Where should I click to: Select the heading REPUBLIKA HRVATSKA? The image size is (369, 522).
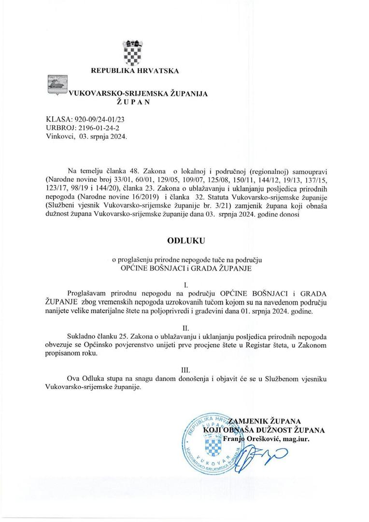point(135,71)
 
